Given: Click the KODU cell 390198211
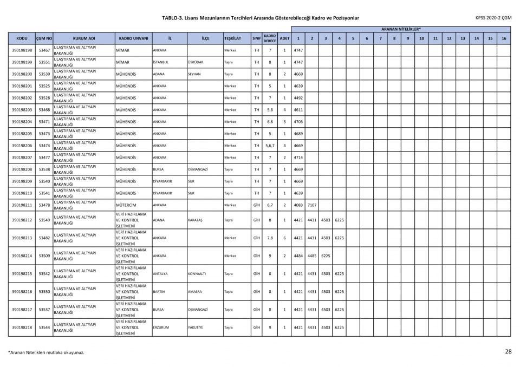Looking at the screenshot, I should point(22,205).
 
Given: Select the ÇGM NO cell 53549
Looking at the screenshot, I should point(44,220).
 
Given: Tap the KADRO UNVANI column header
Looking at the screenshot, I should point(133,38).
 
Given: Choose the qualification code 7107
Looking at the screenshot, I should point(311,205).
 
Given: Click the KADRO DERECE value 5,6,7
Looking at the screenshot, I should point(270,146).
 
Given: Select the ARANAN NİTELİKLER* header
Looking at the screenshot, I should point(401,29).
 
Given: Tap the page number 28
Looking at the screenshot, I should point(508,352).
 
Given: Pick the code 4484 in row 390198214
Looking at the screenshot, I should point(298,256).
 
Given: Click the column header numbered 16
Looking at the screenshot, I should point(504,38).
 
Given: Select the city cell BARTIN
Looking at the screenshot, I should point(159,292).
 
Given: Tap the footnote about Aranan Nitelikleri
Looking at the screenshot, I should point(46,352).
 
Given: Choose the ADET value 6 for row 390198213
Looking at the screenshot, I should point(284,238).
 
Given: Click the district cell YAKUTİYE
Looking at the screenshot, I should point(196,327).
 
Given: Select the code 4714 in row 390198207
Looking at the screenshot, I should point(298,158).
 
